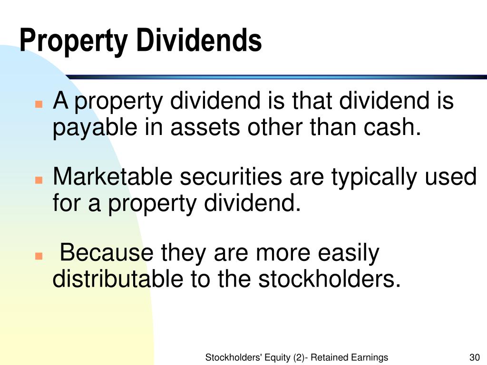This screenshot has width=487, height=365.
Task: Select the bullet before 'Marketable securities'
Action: point(39,181)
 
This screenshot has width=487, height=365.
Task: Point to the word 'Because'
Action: point(107,253)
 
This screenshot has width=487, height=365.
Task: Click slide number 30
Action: point(473,358)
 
